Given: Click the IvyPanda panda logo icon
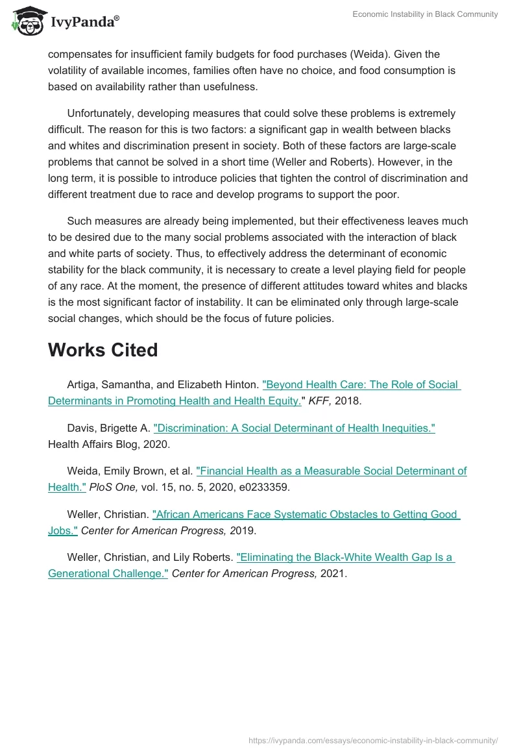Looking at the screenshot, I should [x=27, y=20].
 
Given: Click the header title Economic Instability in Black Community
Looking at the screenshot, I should [x=425, y=14].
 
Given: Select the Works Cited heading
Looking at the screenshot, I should [x=103, y=350].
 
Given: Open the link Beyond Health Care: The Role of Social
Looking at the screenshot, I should [x=361, y=384].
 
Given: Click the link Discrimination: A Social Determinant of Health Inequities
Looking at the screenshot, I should [x=294, y=428].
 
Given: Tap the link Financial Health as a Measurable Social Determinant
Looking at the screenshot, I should [x=331, y=471].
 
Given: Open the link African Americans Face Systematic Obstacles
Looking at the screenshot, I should [x=306, y=514].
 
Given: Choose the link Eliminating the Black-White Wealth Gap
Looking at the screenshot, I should [x=345, y=557].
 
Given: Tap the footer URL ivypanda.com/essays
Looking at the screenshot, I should [x=373, y=740].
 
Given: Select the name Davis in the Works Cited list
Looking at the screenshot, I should [x=80, y=428].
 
